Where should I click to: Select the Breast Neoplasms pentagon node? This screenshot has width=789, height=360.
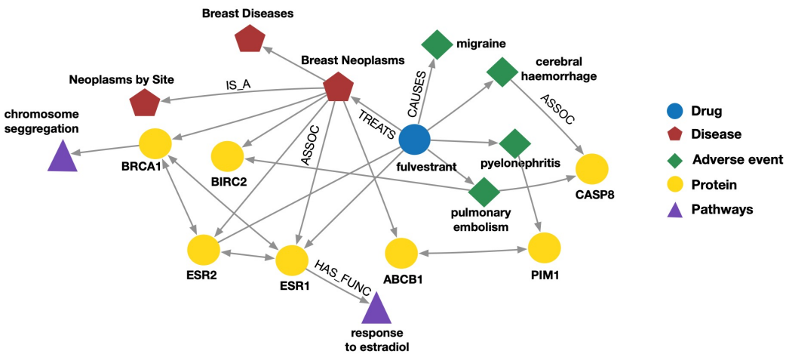[339, 88]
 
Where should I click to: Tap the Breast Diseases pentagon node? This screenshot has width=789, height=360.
[250, 38]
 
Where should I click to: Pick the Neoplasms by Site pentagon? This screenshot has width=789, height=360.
[145, 103]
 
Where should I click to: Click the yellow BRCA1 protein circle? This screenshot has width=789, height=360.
[155, 143]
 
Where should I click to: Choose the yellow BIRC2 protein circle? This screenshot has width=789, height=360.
[226, 155]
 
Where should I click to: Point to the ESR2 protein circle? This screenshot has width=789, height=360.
[202, 250]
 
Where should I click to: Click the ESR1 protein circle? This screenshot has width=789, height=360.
[291, 260]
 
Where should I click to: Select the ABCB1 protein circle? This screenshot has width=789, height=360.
[401, 253]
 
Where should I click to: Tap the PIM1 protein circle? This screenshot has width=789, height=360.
[544, 248]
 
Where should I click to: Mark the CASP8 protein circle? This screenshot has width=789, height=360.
[592, 168]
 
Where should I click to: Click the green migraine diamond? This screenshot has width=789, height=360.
[436, 45]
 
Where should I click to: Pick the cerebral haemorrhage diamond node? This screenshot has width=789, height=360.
[501, 72]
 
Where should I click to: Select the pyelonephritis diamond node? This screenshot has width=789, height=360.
[516, 143]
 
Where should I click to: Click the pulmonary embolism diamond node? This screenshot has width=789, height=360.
[484, 191]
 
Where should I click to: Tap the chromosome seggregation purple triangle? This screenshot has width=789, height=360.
[62, 157]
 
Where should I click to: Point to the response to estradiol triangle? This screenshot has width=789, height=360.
[376, 309]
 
